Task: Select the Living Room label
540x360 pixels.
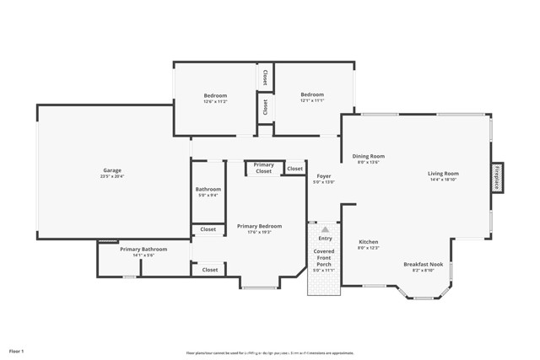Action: (443, 174)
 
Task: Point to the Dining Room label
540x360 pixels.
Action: (368, 156)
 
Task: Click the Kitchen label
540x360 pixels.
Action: (369, 242)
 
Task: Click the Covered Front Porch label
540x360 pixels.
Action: (324, 258)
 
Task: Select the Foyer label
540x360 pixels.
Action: (324, 176)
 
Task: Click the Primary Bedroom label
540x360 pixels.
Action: (259, 226)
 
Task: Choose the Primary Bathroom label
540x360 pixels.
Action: (143, 250)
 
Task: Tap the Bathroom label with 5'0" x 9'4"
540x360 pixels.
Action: (208, 190)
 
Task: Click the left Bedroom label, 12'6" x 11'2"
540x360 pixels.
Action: (215, 95)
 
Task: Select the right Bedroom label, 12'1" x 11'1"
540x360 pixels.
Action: (312, 95)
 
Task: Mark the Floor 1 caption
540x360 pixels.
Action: (17, 350)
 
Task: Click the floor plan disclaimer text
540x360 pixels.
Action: (270, 353)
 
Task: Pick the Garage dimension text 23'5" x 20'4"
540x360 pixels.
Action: (112, 177)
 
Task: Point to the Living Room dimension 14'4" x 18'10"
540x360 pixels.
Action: (443, 180)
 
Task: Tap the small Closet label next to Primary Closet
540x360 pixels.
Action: (294, 169)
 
